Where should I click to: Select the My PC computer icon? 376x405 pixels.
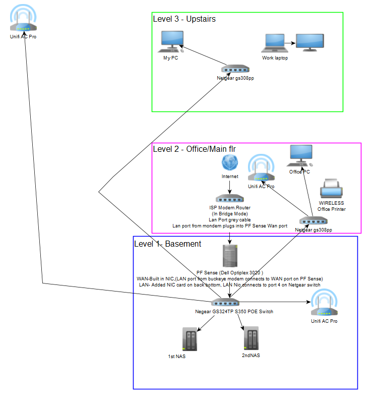(x=170, y=42)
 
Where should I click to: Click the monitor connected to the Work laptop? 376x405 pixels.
(x=309, y=42)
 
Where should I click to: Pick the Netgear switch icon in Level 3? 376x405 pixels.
(x=235, y=69)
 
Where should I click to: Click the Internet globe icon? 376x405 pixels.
(x=230, y=163)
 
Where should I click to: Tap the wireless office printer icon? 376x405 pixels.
(x=332, y=190)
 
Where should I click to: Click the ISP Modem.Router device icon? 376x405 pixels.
(x=229, y=199)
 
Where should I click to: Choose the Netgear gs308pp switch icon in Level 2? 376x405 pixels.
(x=314, y=221)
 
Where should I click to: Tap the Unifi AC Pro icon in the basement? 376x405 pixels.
(x=324, y=304)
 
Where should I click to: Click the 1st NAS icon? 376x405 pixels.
(x=190, y=339)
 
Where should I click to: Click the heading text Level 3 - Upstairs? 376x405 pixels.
(x=184, y=19)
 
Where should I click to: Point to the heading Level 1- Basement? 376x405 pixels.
(x=167, y=244)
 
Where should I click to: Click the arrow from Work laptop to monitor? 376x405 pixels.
(x=290, y=43)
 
